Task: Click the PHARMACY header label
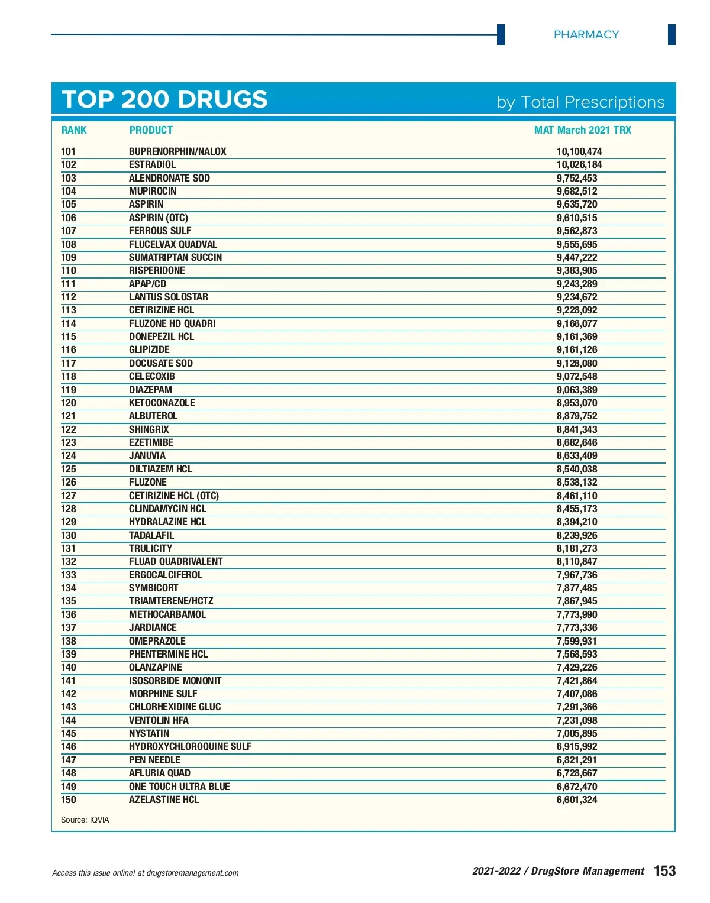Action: [x=586, y=35]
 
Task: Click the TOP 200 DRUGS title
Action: [x=165, y=99]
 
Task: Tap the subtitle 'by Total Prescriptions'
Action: [x=580, y=102]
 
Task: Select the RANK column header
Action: [x=74, y=130]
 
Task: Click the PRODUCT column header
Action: [x=151, y=130]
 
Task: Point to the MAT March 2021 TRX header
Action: [x=582, y=130]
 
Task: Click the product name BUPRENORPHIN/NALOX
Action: [x=177, y=151]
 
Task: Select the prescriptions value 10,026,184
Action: [x=579, y=164]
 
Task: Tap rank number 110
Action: [x=69, y=270]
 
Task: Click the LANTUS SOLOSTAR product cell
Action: [x=169, y=297]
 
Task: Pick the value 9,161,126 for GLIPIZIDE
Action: [x=576, y=349]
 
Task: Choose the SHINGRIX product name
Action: [x=149, y=429]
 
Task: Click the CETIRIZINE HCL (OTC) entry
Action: [x=174, y=496]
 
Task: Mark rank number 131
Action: [x=69, y=548]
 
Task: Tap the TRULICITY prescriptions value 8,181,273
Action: [x=576, y=548]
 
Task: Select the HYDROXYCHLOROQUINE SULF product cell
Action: [x=190, y=746]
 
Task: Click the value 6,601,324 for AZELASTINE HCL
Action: [x=576, y=800]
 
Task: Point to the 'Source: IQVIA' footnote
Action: [x=85, y=820]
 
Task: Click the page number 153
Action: [x=664, y=870]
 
